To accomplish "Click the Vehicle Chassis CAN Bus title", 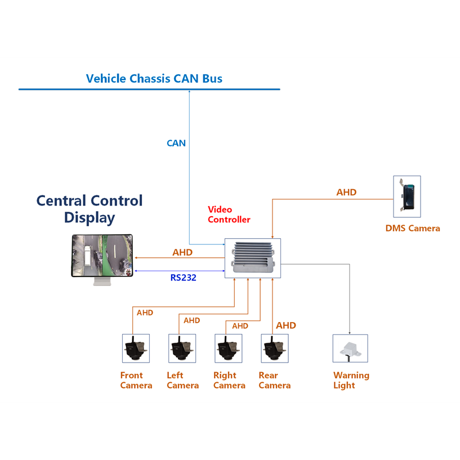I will (154, 79).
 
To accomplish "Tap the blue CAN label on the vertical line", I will (176, 144).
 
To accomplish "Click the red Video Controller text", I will (229, 215).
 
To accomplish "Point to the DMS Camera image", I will (407, 196).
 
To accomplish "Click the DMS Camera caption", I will (412, 229).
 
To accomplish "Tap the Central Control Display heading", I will (90, 209).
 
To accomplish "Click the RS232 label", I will (183, 278).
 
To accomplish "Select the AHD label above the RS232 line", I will (182, 253).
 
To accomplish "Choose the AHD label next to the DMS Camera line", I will (346, 193).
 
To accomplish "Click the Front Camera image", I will (136, 349).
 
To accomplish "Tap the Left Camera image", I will (182, 349).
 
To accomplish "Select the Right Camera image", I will (229, 349).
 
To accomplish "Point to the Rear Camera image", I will (275, 349).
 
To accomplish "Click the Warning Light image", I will (350, 349).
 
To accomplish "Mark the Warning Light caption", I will (351, 381).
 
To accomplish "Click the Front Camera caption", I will (136, 381).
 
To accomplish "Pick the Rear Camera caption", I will (275, 381).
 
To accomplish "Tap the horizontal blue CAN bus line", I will (149, 90).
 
